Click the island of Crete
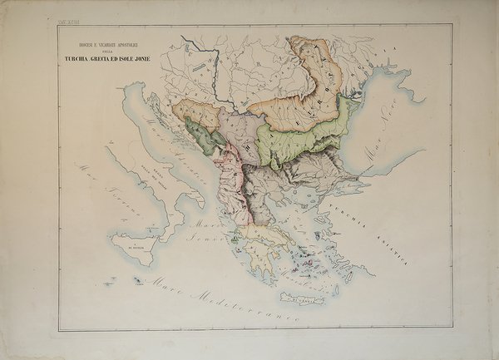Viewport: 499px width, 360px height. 299,298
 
